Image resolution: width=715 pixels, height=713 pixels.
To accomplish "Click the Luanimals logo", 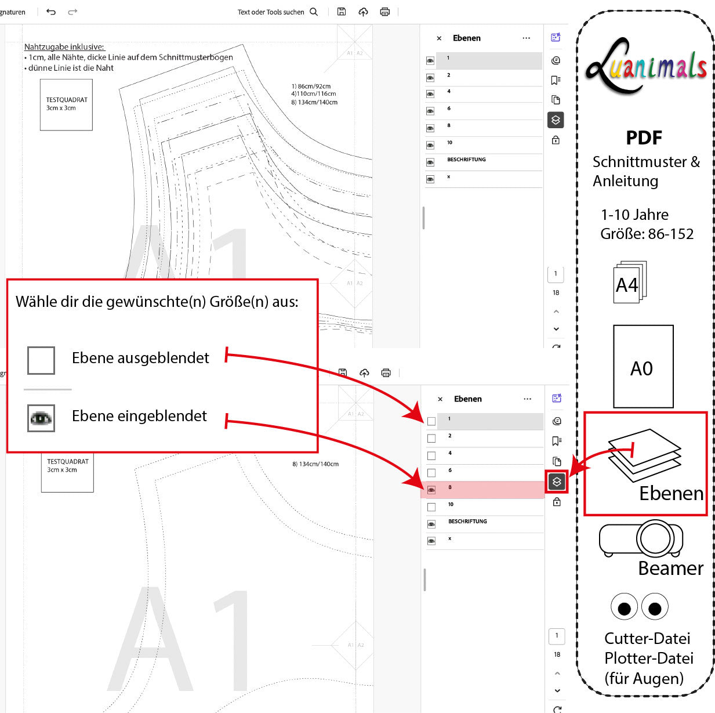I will pos(645,67).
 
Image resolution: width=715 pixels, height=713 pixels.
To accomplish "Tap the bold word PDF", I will pos(644,137).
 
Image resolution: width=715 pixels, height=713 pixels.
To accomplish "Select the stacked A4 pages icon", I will pos(629,283).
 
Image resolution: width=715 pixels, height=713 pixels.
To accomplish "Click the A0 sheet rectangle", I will pos(643,367).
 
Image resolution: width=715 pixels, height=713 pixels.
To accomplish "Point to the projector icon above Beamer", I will pos(641,539).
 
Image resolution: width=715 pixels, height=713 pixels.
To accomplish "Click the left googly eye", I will pos(624,607).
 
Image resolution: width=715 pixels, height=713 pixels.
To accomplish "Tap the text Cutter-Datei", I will pos(647,638).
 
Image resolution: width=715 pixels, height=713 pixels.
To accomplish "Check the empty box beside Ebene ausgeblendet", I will pos(41,360).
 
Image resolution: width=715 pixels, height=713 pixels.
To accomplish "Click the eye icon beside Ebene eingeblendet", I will pos(41,418).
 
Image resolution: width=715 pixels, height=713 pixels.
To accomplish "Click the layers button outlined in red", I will pos(557,482).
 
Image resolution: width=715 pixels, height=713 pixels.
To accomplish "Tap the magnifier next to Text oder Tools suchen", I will pos(314,12).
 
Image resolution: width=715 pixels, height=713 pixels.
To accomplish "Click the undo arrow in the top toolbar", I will pos(51,12).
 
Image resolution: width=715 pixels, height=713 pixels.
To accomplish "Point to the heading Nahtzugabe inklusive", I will pos(64,46).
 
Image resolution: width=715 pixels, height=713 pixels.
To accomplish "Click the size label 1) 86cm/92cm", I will pos(311,86).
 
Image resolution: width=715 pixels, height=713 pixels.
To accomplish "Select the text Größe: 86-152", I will pos(647,234).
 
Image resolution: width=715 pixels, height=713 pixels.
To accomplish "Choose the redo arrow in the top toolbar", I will pos(72,12).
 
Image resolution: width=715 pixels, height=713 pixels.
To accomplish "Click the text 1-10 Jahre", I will pos(634,215).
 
